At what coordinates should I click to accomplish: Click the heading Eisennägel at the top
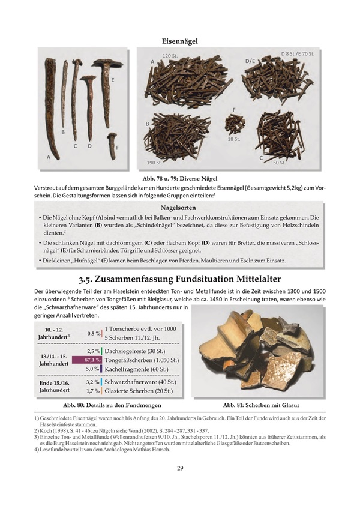pyautogui.click(x=180, y=41)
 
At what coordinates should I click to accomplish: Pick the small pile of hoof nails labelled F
pyautogui.click(x=234, y=125)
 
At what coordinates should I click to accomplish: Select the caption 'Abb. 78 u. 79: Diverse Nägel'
pyautogui.click(x=180, y=178)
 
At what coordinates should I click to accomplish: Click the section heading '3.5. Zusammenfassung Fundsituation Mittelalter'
pyautogui.click(x=180, y=280)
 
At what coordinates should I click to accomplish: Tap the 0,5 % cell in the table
pyautogui.click(x=94, y=333)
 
